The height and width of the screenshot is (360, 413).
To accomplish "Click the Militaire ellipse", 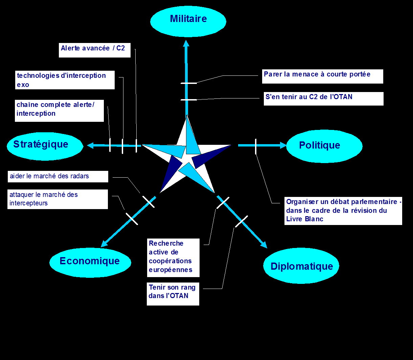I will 188,21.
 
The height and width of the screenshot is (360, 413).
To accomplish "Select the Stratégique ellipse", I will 45,146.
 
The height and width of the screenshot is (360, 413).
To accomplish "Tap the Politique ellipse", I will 324,146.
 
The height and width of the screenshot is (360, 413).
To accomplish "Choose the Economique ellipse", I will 90,261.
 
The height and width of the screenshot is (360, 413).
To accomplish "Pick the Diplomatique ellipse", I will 301,266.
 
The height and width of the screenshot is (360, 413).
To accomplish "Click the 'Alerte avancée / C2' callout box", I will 94,50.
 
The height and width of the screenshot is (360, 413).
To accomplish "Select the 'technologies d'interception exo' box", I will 65,80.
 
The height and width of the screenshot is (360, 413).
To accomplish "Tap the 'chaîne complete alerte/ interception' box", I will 60,110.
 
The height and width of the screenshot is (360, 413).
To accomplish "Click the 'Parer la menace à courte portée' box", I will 323,76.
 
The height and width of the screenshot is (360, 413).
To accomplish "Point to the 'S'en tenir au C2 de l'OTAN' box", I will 323,98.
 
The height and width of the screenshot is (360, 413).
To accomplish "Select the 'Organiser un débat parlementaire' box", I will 343,210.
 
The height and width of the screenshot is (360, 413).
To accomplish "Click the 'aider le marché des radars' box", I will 58,176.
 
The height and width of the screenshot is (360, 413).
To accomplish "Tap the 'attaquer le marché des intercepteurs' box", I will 58,199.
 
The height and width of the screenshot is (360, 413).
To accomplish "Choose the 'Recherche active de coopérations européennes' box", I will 173,257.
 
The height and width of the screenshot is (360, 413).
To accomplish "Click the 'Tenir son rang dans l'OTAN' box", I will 173,293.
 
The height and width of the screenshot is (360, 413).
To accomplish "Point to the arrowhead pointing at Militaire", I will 186,43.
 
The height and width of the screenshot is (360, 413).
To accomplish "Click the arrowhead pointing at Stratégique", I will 90,145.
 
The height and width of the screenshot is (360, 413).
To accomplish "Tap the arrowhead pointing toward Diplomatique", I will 263,245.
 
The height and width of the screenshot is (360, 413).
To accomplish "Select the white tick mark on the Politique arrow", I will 256,146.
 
